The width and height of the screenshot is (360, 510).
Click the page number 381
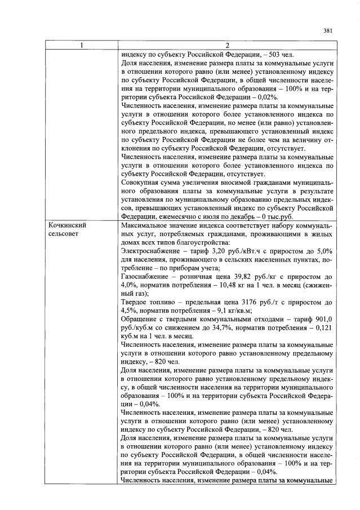point(327,30)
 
